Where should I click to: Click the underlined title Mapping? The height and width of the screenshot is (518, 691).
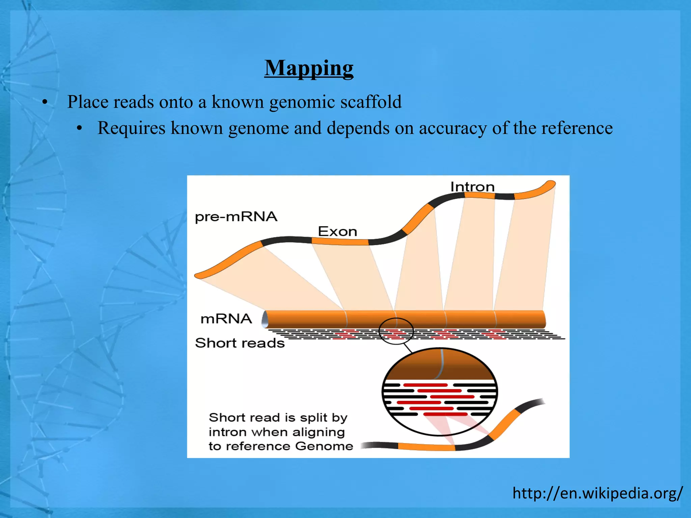click(x=309, y=68)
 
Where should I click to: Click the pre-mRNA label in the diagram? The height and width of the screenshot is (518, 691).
click(x=236, y=217)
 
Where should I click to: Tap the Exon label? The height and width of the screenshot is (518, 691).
click(x=337, y=232)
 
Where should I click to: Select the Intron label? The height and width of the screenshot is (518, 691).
click(x=472, y=187)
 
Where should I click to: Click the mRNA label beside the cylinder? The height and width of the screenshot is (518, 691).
click(x=226, y=319)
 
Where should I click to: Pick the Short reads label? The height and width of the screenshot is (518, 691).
click(x=240, y=343)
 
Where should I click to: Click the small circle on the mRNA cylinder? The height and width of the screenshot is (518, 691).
click(x=396, y=331)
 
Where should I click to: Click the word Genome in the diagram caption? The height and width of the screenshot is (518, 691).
click(x=324, y=446)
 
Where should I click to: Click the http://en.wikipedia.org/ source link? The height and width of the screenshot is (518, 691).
click(x=598, y=493)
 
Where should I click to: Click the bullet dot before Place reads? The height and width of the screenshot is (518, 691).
click(x=45, y=102)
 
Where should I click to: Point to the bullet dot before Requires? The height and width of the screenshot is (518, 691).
click(x=79, y=128)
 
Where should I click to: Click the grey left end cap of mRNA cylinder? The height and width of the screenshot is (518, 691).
click(x=265, y=319)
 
